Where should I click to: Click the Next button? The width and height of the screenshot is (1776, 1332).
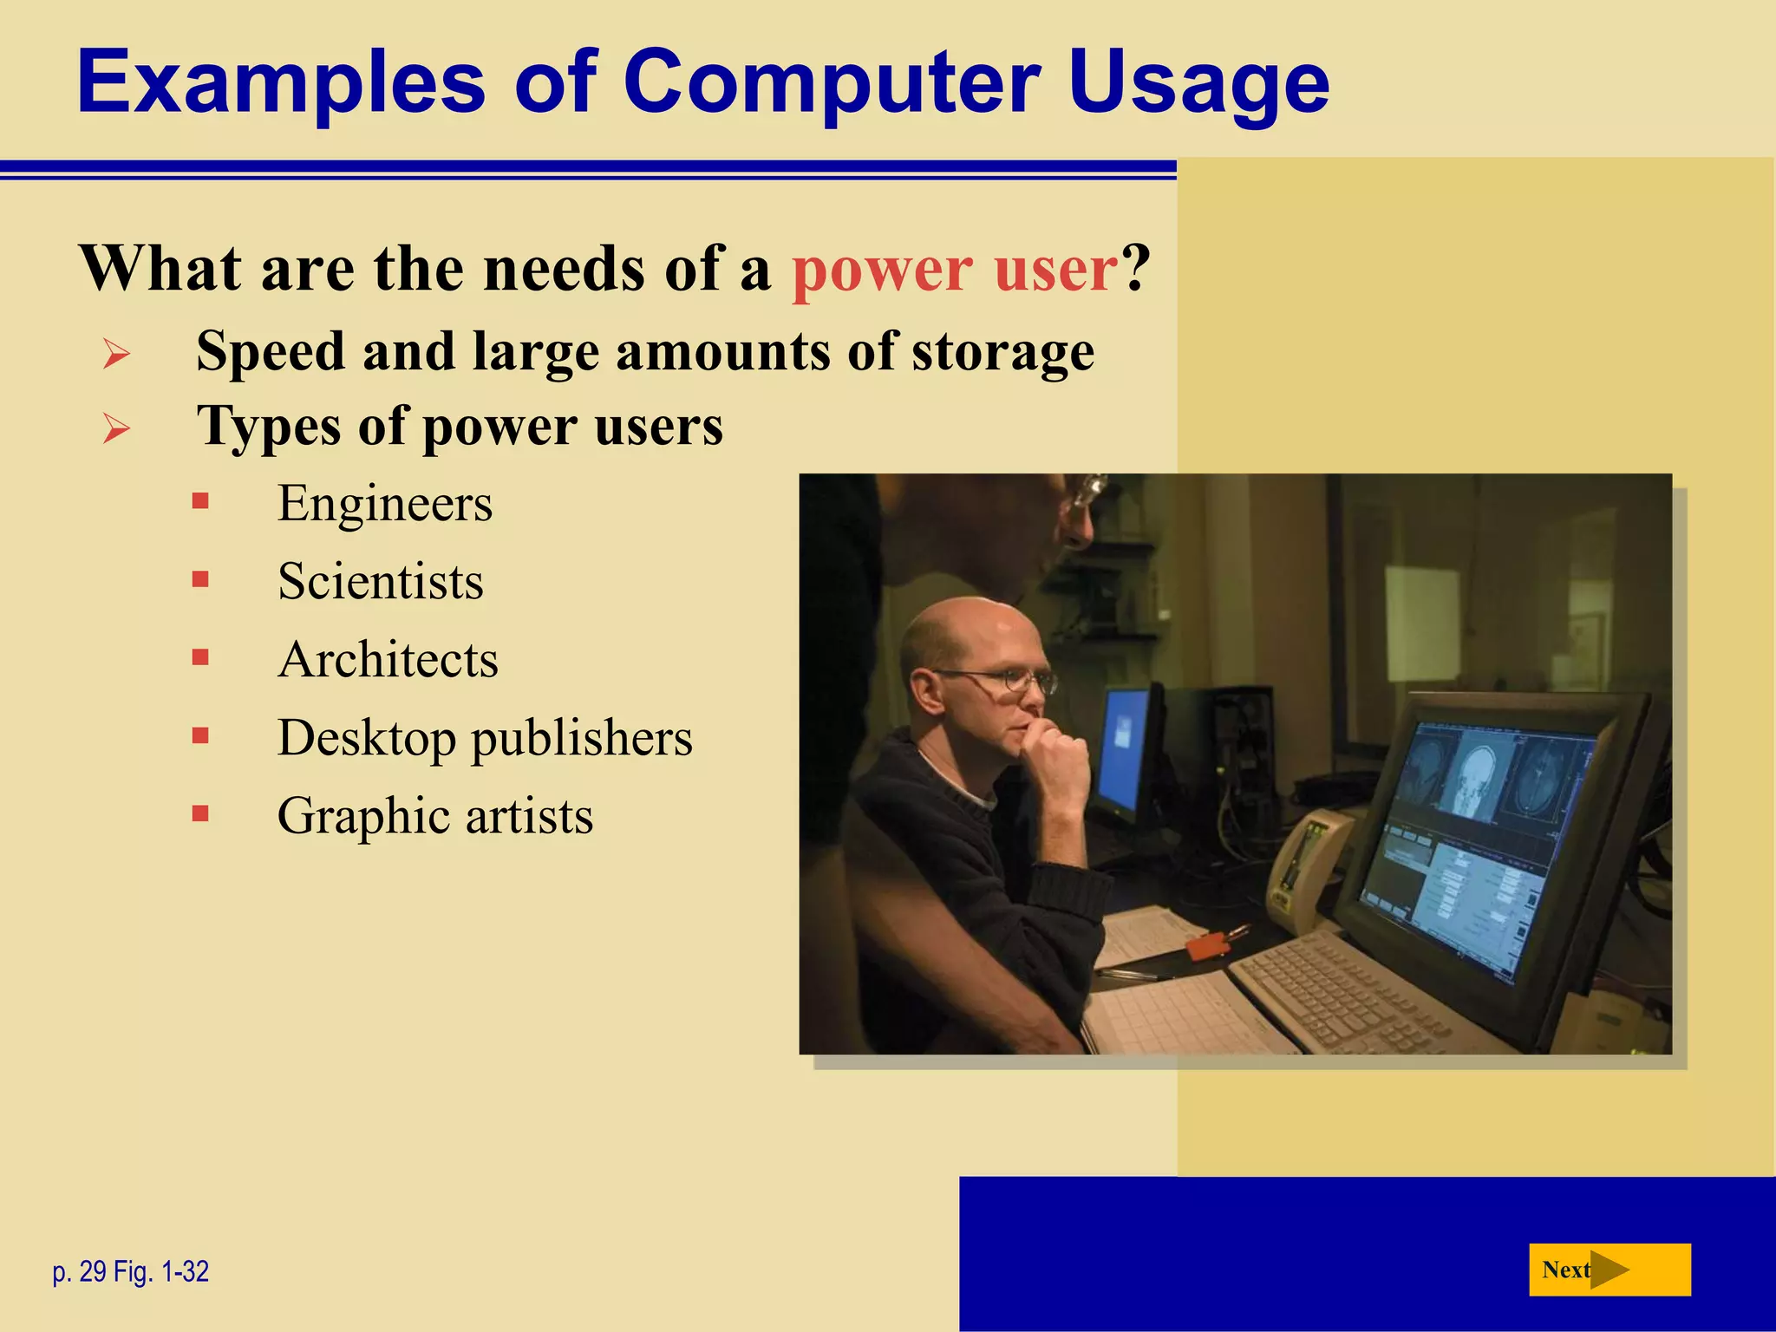coord(1609,1270)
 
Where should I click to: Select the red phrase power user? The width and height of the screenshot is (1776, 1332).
coord(955,269)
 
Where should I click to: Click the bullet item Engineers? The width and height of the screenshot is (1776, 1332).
coord(384,503)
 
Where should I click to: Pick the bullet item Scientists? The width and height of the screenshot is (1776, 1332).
coord(380,581)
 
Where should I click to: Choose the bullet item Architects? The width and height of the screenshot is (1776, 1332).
coord(388,659)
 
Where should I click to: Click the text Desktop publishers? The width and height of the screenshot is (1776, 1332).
coord(484,738)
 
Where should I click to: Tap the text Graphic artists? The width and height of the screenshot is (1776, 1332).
coord(434,816)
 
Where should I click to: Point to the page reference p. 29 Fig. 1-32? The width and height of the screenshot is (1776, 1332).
coord(131,1271)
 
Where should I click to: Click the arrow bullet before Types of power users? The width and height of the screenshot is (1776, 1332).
coord(116,428)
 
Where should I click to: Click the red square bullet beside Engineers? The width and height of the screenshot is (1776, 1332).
coord(200,501)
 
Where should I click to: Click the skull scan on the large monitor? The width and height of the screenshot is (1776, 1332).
coord(1479,772)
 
